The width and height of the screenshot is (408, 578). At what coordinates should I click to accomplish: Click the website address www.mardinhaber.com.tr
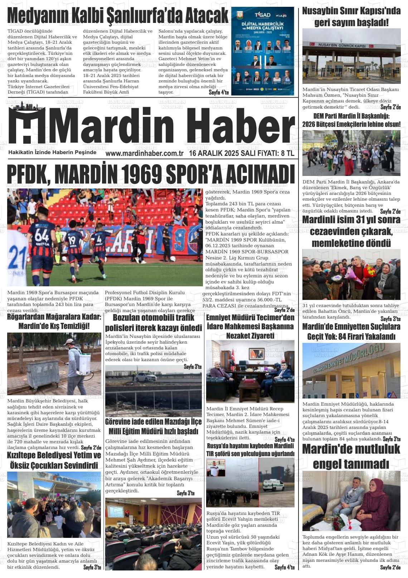[x=144, y=153]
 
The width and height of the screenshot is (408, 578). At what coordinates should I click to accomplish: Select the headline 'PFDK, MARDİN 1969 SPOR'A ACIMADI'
[x=151, y=175]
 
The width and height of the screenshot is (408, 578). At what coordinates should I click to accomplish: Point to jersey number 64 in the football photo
[x=42, y=237]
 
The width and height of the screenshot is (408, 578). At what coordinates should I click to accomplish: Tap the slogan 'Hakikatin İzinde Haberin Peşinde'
[x=52, y=152]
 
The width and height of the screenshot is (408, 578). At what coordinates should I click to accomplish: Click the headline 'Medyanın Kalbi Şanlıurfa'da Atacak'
[x=118, y=16]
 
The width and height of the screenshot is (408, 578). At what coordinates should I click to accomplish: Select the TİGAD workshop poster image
[x=263, y=52]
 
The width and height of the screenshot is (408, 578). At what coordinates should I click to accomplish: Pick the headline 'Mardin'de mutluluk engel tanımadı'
[x=351, y=457]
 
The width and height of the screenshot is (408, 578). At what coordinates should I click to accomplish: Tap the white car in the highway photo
[x=146, y=377]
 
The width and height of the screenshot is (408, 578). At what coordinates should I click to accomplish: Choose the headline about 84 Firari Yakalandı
[x=351, y=331]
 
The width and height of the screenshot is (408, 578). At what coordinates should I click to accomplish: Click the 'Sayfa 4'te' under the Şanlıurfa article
[x=219, y=92]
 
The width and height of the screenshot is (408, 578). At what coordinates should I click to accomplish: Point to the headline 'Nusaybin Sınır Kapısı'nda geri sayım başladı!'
[x=351, y=17]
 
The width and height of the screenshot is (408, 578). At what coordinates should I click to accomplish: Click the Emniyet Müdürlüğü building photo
[x=351, y=371]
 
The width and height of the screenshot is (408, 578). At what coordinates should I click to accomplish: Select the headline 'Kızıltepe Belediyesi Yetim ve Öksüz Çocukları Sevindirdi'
[x=54, y=460]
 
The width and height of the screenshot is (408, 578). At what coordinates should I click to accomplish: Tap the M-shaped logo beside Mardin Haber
[x=27, y=125]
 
